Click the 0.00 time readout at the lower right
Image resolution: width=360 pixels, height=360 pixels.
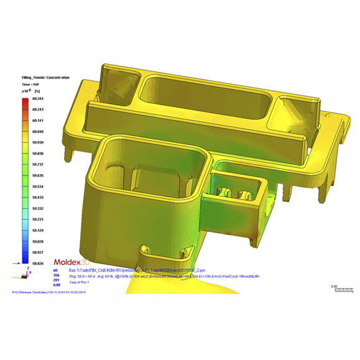[x=335, y=287]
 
